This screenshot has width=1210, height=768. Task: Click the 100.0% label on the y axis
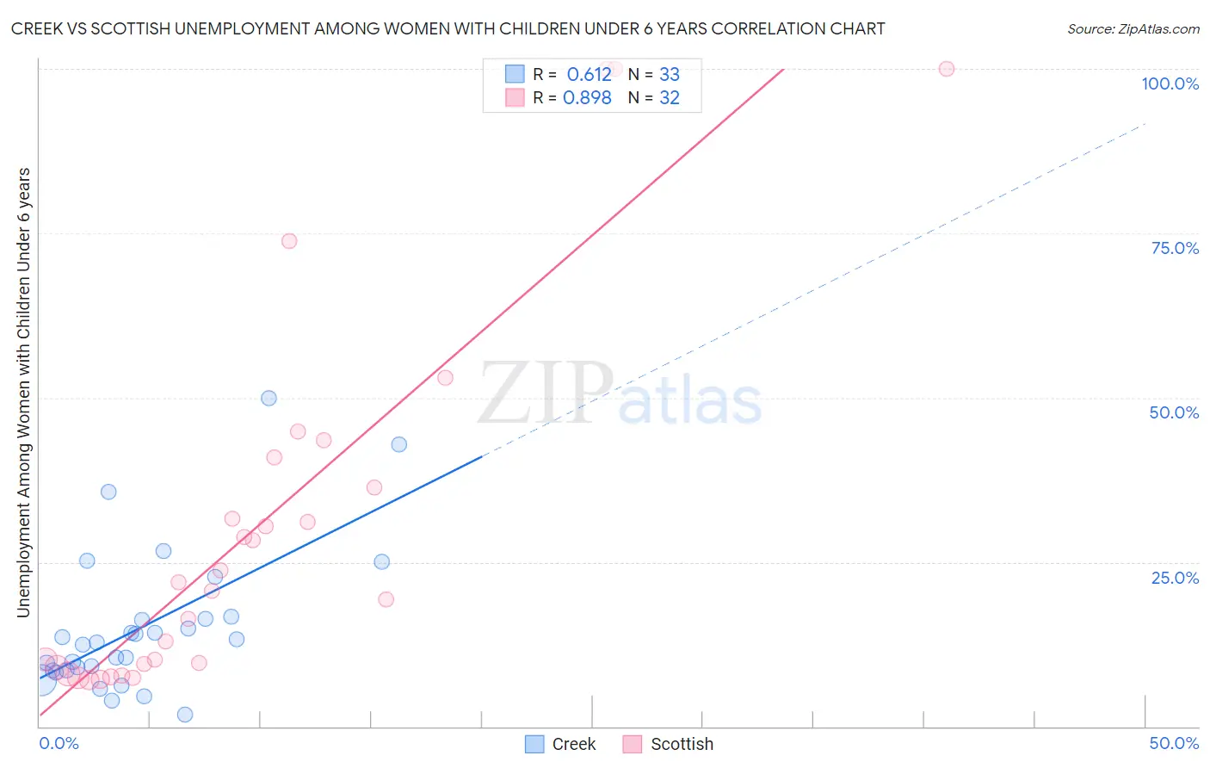coord(1170,84)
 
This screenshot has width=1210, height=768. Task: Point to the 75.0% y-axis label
coord(1175,248)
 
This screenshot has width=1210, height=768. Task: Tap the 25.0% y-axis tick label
coord(1175,578)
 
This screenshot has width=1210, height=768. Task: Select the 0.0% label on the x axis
coord(59,743)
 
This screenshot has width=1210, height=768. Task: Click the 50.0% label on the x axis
coord(1174,743)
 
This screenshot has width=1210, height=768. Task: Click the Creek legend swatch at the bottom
coord(534,744)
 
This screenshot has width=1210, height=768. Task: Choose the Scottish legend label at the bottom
coord(682,744)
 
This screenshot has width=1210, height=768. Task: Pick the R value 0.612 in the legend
coord(589,74)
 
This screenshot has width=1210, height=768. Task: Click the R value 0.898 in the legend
coord(587,97)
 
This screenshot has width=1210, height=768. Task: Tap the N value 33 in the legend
coord(670,74)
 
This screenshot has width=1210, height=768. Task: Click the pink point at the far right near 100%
coord(947,69)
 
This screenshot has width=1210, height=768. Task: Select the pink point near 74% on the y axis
coord(289,241)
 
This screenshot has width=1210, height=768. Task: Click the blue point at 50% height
coord(269,398)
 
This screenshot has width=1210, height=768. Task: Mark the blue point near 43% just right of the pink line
coord(398,444)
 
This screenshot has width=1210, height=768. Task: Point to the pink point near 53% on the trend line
coord(445,377)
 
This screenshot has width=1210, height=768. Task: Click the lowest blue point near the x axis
coord(185,715)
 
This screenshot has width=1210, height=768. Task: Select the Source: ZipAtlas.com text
coord(1133,28)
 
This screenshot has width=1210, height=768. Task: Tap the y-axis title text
coord(23,392)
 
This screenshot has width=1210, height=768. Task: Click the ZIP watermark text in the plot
coord(546,393)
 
